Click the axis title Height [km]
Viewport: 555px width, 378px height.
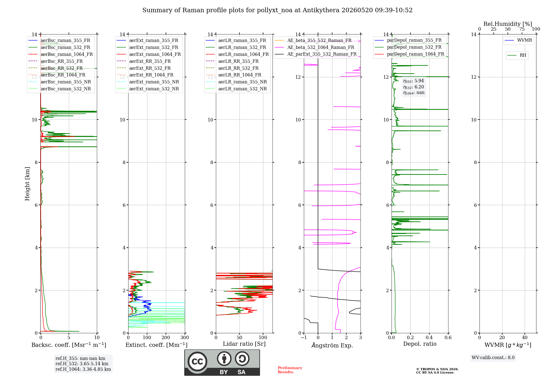pyautogui.click(x=27, y=184)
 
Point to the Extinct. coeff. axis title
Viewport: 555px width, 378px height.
pyautogui.click(x=157, y=345)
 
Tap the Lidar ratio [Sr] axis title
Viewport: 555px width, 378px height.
pyautogui.click(x=244, y=344)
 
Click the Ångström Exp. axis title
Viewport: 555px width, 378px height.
pyautogui.click(x=332, y=345)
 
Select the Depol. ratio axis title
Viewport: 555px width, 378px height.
pyautogui.click(x=420, y=344)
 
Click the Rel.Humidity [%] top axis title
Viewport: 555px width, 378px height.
pyautogui.click(x=508, y=24)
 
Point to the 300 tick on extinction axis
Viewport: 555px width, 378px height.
pyautogui.click(x=185, y=337)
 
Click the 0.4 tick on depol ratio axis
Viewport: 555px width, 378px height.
pyautogui.click(x=429, y=337)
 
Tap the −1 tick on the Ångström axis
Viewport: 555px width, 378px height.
pyautogui.click(x=304, y=337)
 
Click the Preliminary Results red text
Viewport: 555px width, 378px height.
pyautogui.click(x=290, y=370)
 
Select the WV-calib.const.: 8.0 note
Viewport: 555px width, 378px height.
pyautogui.click(x=493, y=358)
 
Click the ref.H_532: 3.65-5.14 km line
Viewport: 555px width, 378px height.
pyautogui.click(x=82, y=364)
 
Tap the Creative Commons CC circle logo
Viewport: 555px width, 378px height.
pyautogui.click(x=197, y=362)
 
